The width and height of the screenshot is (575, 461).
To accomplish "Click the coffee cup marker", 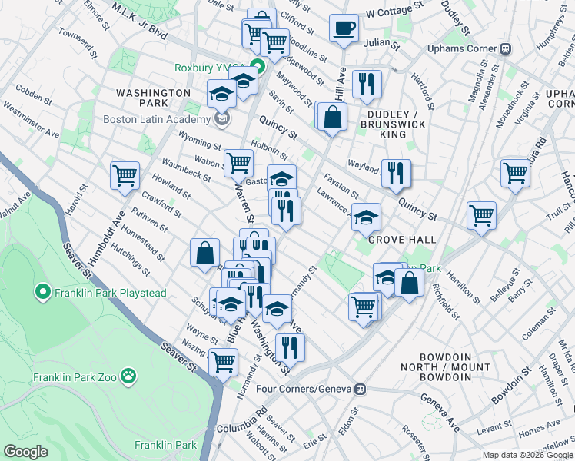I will click(x=344, y=28).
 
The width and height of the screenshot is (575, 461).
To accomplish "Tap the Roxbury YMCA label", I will click(x=204, y=68).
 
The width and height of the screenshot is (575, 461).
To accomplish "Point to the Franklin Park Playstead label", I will click(x=95, y=292).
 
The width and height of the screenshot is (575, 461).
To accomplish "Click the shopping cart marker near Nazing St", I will click(x=223, y=360).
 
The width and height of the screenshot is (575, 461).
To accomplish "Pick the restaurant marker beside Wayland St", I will click(x=396, y=172).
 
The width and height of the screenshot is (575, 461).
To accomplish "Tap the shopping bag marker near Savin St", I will click(x=333, y=117).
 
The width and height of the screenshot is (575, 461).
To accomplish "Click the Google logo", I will click(x=26, y=451).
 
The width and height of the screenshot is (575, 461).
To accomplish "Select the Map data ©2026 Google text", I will click(x=527, y=455).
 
